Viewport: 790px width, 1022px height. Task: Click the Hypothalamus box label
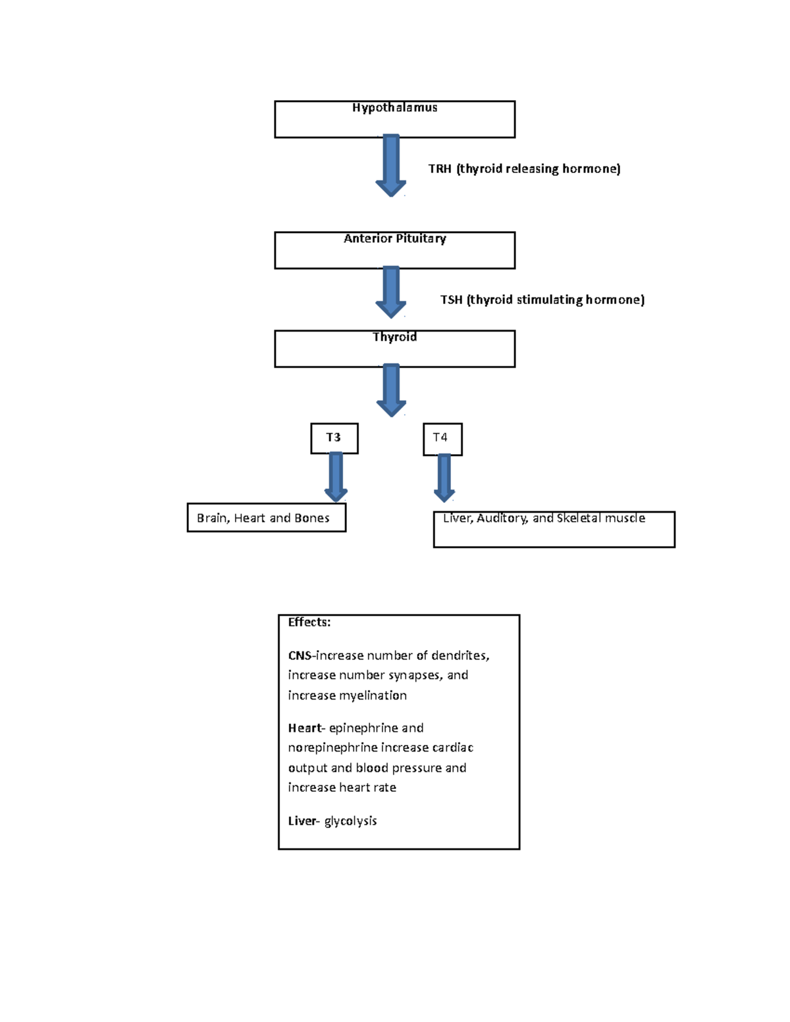(x=395, y=108)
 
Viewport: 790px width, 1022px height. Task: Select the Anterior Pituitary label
(x=395, y=239)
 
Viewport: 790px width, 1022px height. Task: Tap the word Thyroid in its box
(x=395, y=337)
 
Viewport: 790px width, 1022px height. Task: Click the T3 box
(x=334, y=438)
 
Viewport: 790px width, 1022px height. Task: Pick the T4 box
(x=442, y=440)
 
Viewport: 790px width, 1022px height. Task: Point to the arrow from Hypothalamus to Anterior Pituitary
(x=391, y=165)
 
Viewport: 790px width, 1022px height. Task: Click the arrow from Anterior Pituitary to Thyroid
(x=391, y=292)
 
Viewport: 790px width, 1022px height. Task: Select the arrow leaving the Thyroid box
(x=391, y=390)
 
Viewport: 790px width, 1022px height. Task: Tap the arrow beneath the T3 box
(x=336, y=477)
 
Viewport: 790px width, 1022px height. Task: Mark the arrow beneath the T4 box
(x=444, y=478)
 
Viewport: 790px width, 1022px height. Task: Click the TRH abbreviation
(x=440, y=169)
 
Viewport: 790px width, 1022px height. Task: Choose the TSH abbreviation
(x=452, y=300)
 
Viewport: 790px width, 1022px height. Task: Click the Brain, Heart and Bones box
(x=267, y=518)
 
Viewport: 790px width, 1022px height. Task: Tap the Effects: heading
(x=309, y=623)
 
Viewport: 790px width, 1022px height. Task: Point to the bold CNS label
(x=300, y=655)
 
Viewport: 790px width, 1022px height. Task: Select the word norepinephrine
(x=332, y=748)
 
